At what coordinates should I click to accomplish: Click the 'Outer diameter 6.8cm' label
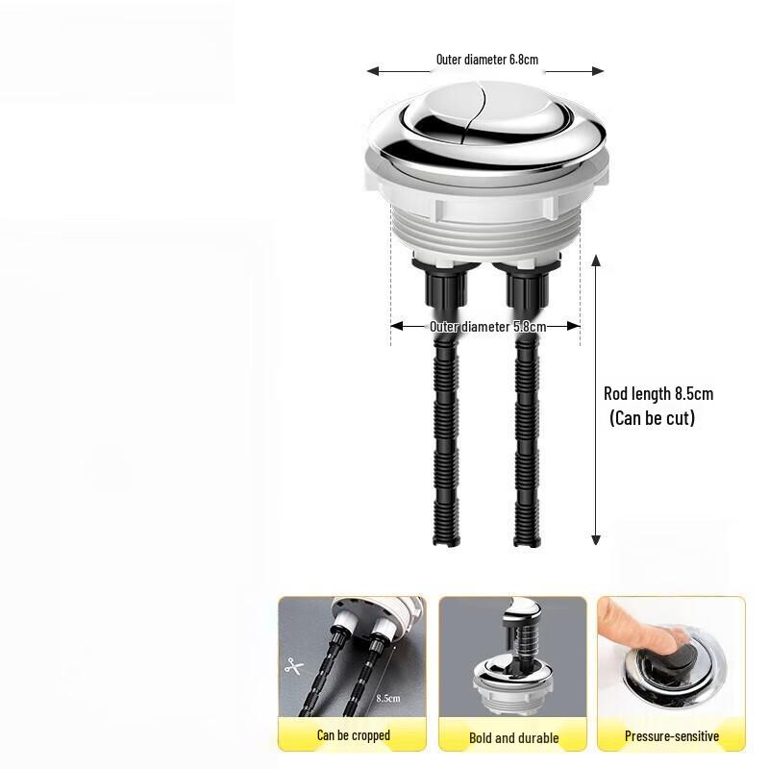[486, 60]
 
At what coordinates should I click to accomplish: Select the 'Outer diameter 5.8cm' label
[487, 327]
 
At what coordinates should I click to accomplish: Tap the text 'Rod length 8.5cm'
[658, 393]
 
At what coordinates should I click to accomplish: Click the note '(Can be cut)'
[652, 418]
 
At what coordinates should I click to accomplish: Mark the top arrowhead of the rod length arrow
[596, 260]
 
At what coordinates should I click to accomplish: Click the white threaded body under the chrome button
[485, 236]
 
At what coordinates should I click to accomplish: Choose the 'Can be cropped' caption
[353, 735]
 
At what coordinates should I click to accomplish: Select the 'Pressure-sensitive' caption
[671, 736]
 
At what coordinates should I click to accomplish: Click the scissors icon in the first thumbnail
[292, 664]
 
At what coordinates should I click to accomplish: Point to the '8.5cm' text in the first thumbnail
[388, 699]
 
